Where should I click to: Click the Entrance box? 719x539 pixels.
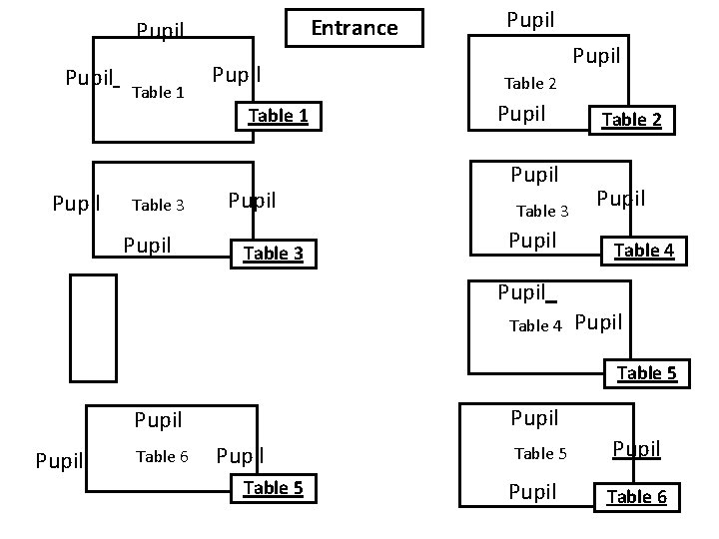(x=354, y=28)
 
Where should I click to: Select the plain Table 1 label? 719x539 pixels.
(x=158, y=93)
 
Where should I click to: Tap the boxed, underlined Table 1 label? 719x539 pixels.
(x=278, y=116)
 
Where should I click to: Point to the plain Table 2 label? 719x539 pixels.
(x=530, y=84)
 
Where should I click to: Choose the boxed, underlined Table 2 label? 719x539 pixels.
(x=630, y=121)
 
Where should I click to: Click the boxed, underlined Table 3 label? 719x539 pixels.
(x=273, y=254)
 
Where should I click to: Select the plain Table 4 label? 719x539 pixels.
(x=536, y=325)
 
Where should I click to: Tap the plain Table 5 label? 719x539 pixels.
(x=540, y=454)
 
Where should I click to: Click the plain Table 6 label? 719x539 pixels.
(x=162, y=457)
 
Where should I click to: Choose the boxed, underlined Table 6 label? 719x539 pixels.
(x=636, y=497)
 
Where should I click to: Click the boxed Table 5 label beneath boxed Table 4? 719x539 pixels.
(x=646, y=374)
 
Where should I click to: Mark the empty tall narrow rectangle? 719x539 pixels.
(x=93, y=327)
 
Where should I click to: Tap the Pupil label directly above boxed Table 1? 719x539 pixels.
(x=238, y=75)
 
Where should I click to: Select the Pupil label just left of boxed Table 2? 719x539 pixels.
(x=521, y=113)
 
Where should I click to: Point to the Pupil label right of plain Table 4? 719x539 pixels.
(x=599, y=322)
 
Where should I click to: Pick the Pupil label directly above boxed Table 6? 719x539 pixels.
(x=636, y=449)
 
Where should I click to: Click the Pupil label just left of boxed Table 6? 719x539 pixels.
(x=532, y=491)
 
